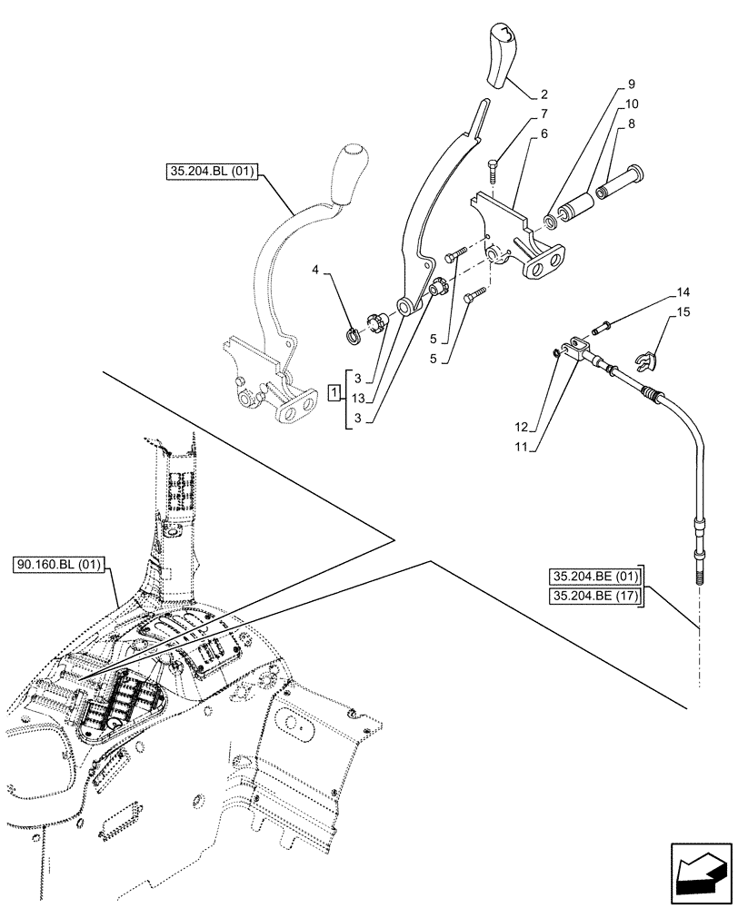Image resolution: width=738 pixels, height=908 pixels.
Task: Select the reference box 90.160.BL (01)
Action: [60, 565]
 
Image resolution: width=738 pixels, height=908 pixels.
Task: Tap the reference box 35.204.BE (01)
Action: [595, 576]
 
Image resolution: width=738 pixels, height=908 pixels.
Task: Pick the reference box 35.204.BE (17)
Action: [595, 595]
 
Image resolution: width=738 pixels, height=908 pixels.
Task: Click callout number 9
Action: [631, 84]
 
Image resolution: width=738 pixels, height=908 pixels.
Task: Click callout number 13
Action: [359, 397]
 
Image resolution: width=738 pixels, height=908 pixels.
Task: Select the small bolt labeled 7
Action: [491, 167]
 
